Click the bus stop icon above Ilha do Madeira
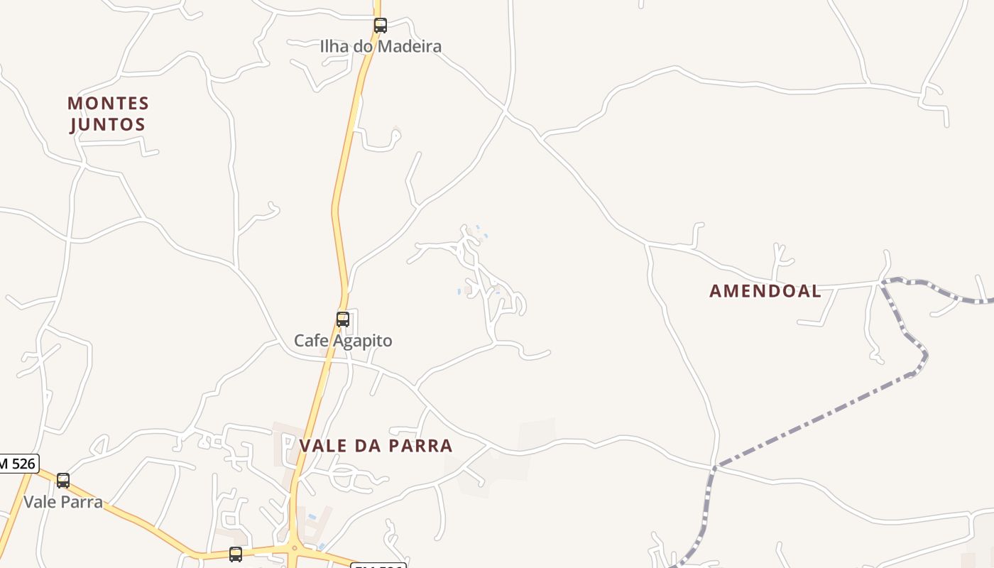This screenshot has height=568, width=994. [x=381, y=26]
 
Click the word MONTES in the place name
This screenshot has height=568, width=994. [x=109, y=104]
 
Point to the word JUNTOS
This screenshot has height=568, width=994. [x=107, y=125]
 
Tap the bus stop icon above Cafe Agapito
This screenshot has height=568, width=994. [x=343, y=319]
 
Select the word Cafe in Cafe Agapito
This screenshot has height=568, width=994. [x=310, y=341]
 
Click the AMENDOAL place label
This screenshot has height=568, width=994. [x=765, y=291]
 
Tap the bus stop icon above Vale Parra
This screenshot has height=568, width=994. [x=63, y=481]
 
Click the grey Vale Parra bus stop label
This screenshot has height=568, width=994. [x=63, y=502]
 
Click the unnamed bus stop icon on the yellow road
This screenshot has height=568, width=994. [x=236, y=554]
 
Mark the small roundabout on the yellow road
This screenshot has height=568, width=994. [x=294, y=547]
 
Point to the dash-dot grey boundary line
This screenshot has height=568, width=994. [x=816, y=419]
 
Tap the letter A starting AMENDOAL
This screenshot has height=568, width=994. [x=715, y=291]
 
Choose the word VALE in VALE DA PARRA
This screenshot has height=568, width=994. [x=324, y=446]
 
